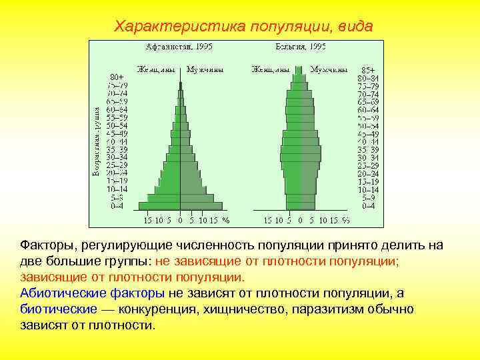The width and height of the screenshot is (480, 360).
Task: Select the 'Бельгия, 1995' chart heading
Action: click(x=301, y=47)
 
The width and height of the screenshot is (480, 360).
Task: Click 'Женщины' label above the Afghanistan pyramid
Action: click(x=157, y=69)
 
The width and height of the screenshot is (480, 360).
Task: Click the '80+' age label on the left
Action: click(x=118, y=76)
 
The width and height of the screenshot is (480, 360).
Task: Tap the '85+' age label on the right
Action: click(x=368, y=70)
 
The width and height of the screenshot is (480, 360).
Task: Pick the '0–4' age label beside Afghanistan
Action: click(x=117, y=206)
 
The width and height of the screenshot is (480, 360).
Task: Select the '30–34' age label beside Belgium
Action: click(x=367, y=157)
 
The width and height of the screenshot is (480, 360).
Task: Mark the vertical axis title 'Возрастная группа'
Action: click(x=97, y=141)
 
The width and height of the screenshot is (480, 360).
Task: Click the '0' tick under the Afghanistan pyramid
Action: click(x=180, y=219)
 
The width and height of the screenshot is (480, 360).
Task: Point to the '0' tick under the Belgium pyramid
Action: click(x=301, y=219)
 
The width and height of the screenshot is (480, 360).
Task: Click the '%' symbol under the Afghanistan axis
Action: click(x=226, y=219)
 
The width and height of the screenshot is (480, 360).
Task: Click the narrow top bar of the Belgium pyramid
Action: click(x=301, y=69)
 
